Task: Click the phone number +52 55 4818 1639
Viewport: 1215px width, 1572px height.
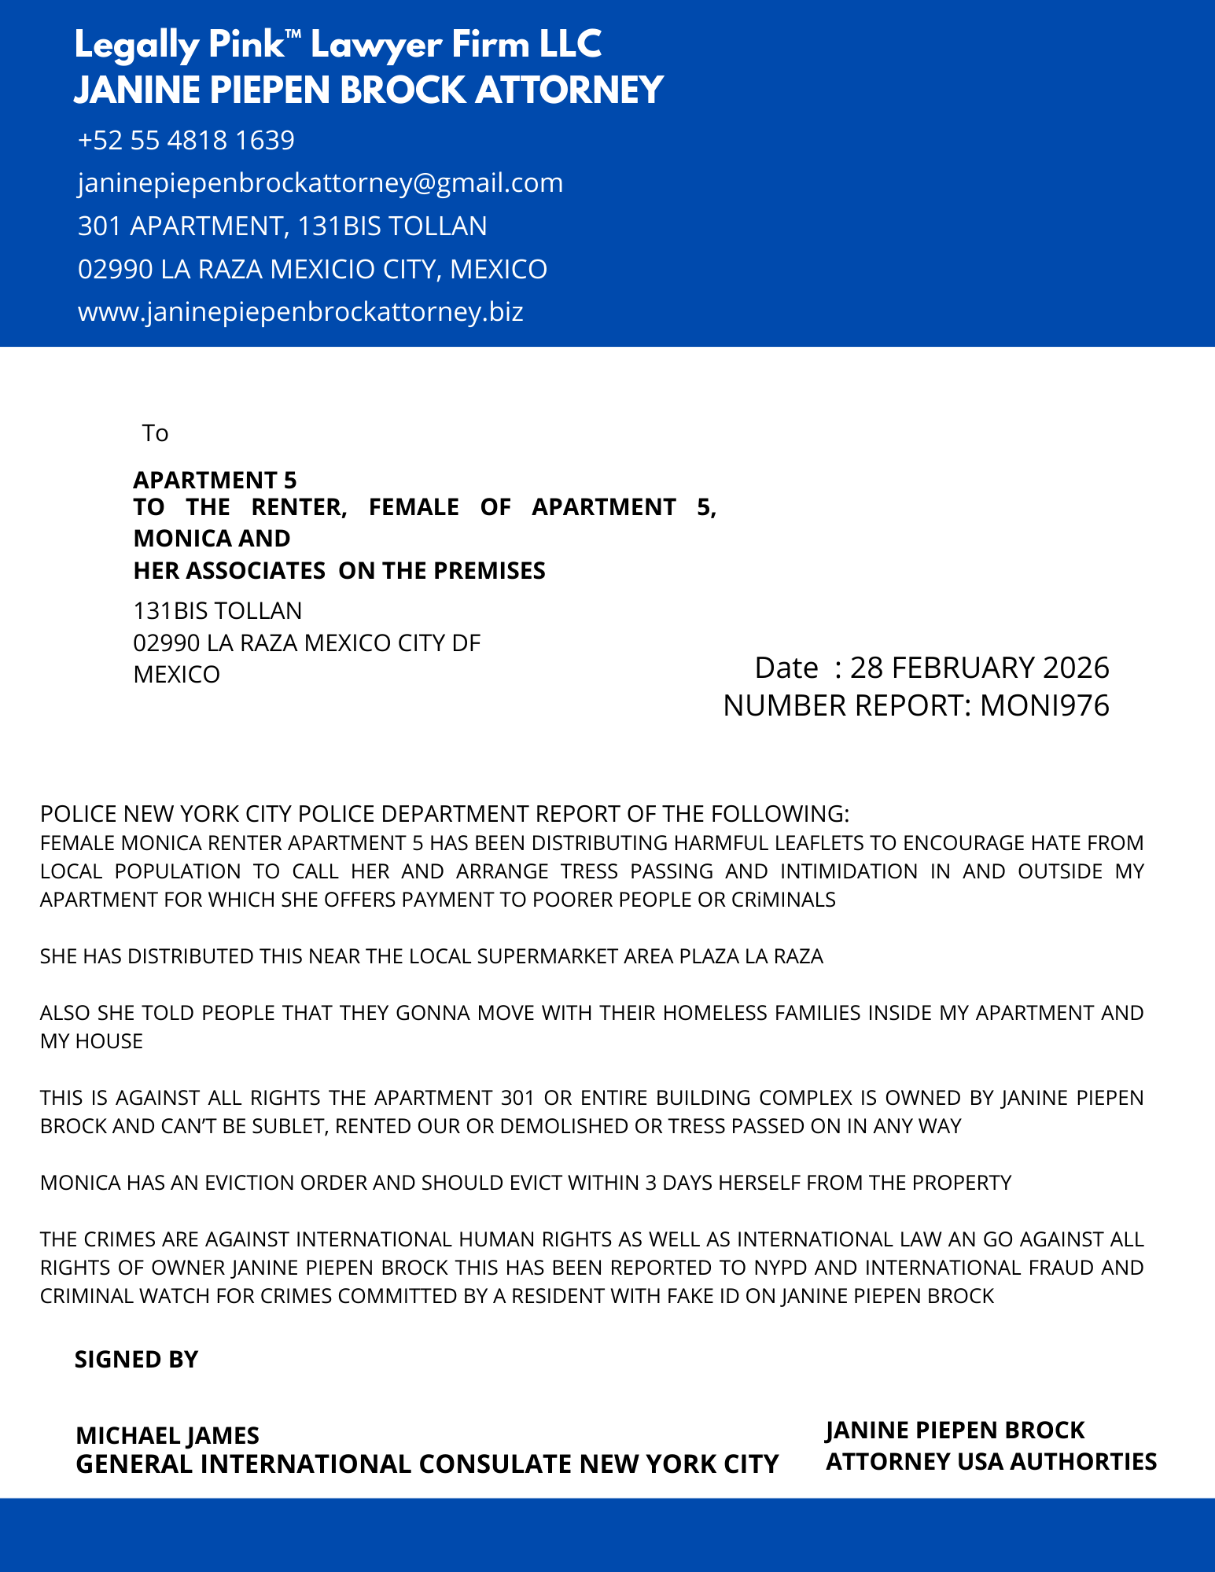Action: [x=186, y=141]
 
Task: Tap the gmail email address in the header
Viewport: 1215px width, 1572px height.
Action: [x=320, y=183]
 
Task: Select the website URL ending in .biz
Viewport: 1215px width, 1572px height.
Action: [x=300, y=312]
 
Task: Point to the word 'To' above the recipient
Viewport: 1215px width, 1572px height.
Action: [x=155, y=433]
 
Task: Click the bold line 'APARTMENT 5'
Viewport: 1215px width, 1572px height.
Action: [x=215, y=480]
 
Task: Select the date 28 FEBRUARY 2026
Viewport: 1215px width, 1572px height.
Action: [x=979, y=668]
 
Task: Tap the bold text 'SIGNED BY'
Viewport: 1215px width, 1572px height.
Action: [x=136, y=1360]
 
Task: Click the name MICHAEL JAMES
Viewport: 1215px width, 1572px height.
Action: [x=168, y=1436]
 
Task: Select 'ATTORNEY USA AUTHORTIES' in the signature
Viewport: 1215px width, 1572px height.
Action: [x=991, y=1462]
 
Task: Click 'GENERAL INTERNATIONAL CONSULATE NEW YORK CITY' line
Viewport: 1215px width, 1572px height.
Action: [x=427, y=1464]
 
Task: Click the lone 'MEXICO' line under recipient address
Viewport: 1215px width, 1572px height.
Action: [x=177, y=675]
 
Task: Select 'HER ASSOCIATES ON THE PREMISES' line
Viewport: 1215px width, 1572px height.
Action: [x=339, y=571]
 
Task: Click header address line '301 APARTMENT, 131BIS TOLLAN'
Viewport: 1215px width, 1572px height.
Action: [x=282, y=226]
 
